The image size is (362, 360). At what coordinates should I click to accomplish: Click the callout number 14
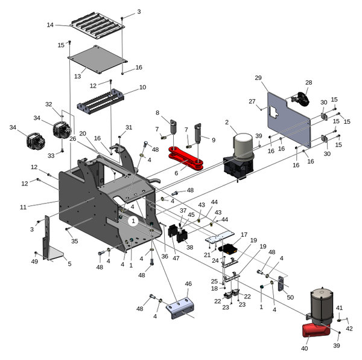tap(50, 25)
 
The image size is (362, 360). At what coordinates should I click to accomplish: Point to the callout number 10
tap(142, 88)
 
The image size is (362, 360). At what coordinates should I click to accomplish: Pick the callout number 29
tap(258, 79)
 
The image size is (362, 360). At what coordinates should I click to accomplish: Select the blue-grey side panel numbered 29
tap(288, 121)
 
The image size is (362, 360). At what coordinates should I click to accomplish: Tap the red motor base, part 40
tap(316, 332)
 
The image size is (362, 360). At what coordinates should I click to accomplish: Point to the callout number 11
tap(23, 207)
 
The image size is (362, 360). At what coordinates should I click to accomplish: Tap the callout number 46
tap(188, 283)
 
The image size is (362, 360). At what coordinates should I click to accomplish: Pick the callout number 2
tap(227, 123)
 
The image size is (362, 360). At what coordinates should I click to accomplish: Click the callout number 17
tap(244, 234)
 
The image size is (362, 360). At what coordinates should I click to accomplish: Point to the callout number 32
tap(49, 104)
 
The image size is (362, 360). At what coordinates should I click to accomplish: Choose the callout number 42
tap(349, 328)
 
